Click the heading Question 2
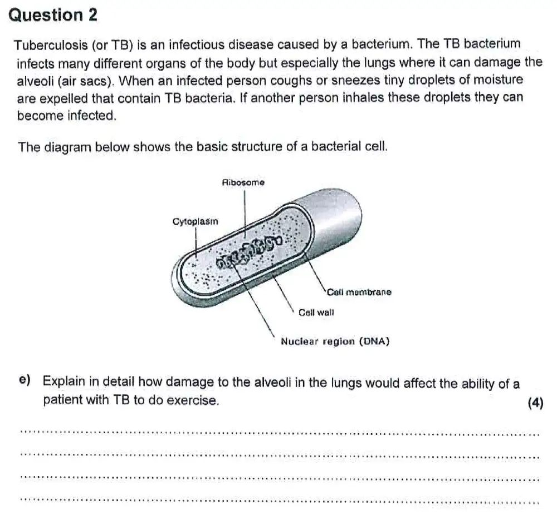coord(53,15)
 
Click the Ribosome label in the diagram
coord(243,182)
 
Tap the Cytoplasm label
coord(196,221)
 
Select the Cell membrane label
coord(359,292)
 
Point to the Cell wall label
coord(316,313)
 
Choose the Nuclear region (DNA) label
coord(335,341)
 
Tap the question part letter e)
coord(25,380)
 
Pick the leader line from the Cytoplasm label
coord(196,242)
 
